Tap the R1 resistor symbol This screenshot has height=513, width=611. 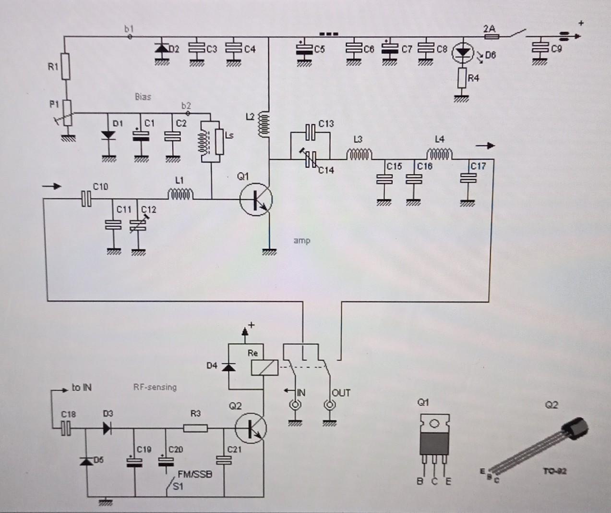pos(66,66)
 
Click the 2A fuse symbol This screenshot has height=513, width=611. pos(490,37)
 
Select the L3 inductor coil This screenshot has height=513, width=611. pos(359,155)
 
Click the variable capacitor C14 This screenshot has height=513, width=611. pos(311,158)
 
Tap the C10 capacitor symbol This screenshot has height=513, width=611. pos(86,198)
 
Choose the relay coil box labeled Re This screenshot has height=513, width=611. pos(264,367)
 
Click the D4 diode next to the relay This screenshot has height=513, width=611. pos(228,367)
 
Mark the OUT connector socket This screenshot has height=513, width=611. pos(330,406)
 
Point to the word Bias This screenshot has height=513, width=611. pos(143,97)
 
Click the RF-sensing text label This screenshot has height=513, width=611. pos(155,387)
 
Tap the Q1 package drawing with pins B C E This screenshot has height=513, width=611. pos(434,442)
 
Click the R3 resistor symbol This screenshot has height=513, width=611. pos(196,427)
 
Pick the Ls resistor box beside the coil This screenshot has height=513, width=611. pos(220,142)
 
